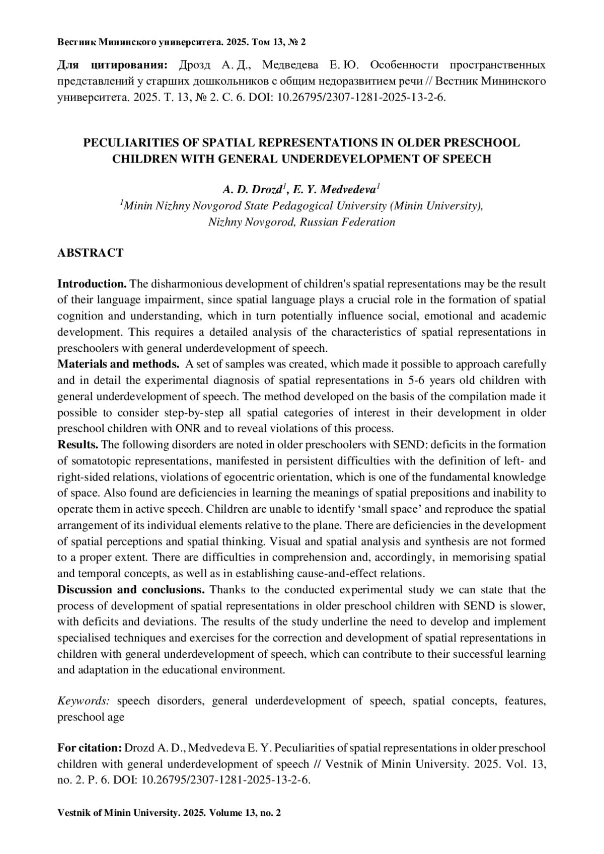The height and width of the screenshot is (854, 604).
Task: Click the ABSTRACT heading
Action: click(90, 253)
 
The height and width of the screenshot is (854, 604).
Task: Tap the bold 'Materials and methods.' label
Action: click(118, 364)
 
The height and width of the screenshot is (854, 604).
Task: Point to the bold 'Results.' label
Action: click(78, 445)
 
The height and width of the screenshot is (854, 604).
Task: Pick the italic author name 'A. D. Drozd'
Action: click(252, 190)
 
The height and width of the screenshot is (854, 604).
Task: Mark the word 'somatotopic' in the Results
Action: click(99, 461)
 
